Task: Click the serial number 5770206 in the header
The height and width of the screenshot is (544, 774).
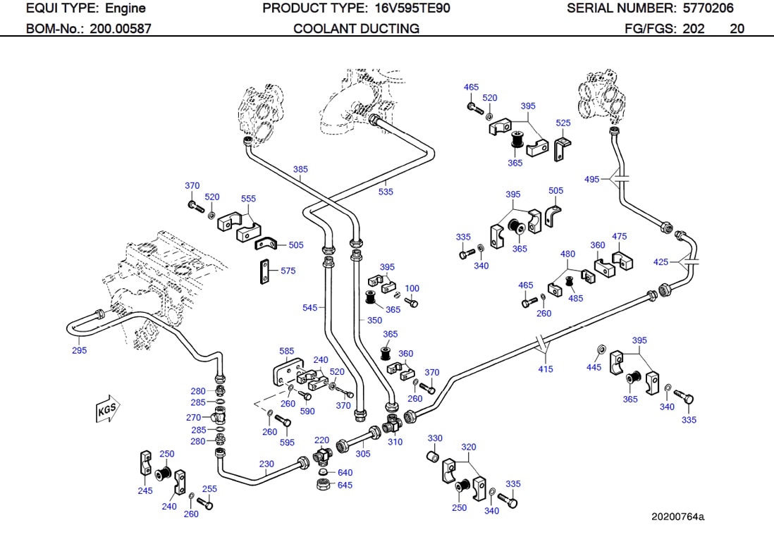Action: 708,8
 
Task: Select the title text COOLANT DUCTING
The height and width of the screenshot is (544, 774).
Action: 356,29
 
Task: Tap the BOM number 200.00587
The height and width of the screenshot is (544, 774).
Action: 120,29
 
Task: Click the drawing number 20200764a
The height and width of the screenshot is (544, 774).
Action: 677,517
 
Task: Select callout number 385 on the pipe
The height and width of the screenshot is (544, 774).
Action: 300,169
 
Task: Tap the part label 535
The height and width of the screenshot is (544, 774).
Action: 386,192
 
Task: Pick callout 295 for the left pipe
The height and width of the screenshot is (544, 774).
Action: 79,350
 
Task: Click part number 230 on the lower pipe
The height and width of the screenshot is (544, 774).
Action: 266,464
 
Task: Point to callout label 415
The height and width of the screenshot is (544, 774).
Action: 546,369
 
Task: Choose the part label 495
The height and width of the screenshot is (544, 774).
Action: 592,179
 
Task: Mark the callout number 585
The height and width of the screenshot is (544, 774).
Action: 286,350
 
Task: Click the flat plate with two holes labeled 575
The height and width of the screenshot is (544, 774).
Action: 264,272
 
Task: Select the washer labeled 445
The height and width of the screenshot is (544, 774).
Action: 601,350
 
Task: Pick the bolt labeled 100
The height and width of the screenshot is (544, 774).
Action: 414,302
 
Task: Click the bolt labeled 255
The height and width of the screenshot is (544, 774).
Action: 205,505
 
